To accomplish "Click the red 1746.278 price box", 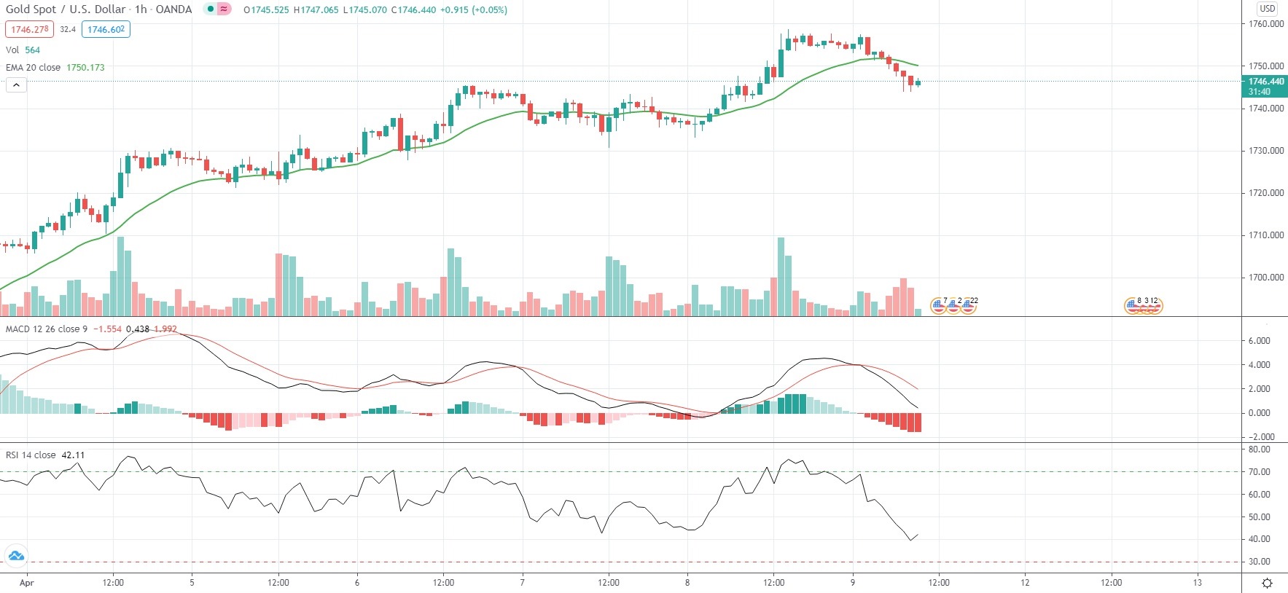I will pyautogui.click(x=29, y=30).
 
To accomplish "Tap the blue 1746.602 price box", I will pyautogui.click(x=106, y=30).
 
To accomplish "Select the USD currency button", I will pyautogui.click(x=1267, y=9).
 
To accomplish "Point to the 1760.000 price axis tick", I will pyautogui.click(x=1265, y=24).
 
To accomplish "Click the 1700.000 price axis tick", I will pyautogui.click(x=1265, y=278).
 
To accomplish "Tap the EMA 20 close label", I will pyautogui.click(x=33, y=68).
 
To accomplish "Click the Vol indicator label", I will pyautogui.click(x=12, y=50).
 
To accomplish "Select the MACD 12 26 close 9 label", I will pyautogui.click(x=46, y=329).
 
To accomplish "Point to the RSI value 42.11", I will pyautogui.click(x=73, y=455).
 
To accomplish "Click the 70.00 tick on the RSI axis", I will pyautogui.click(x=1259, y=472).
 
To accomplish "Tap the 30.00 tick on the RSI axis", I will pyautogui.click(x=1259, y=562).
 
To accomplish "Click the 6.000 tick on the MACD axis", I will pyautogui.click(x=1259, y=341).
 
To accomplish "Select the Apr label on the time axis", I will pyautogui.click(x=26, y=583).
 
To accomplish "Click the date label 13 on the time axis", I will pyautogui.click(x=1197, y=583).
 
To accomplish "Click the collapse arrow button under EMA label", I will pyautogui.click(x=16, y=85).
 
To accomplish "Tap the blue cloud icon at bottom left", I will pyautogui.click(x=16, y=557).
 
